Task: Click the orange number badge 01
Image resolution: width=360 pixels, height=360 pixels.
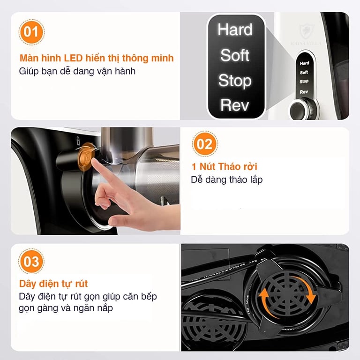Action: click(31, 32)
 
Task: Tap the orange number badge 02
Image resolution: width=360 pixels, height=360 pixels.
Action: click(204, 143)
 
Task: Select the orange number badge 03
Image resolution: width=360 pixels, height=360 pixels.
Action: click(31, 261)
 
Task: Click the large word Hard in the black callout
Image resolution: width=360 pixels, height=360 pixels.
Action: click(234, 30)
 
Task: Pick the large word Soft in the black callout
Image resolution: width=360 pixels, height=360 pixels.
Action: click(234, 55)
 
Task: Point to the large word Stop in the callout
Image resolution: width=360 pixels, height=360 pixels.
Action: click(234, 81)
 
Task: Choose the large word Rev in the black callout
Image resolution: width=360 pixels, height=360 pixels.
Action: click(234, 105)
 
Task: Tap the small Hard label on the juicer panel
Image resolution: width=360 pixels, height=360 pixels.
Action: click(304, 63)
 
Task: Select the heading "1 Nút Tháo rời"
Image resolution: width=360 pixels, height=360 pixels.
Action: click(224, 167)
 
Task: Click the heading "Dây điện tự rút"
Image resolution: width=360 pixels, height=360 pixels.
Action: click(53, 284)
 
